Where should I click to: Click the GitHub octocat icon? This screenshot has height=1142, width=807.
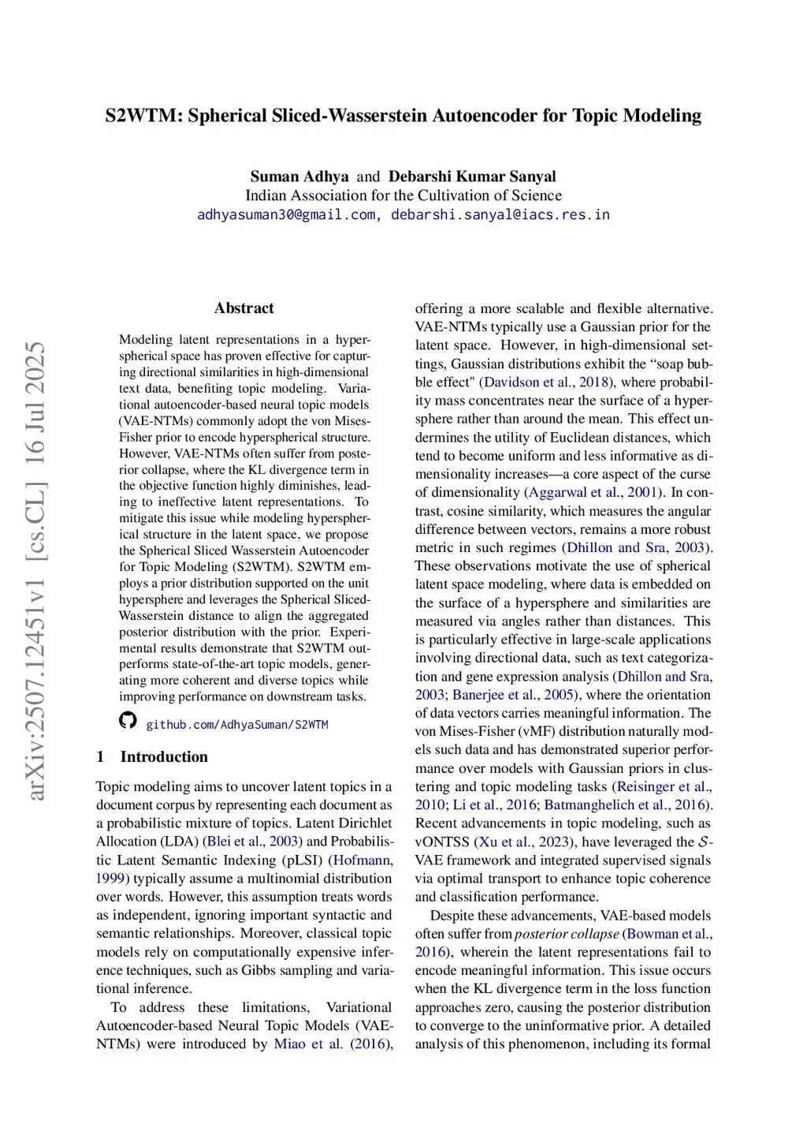click(128, 720)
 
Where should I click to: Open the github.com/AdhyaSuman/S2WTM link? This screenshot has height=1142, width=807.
click(236, 724)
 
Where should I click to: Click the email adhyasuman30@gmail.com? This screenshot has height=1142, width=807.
click(286, 215)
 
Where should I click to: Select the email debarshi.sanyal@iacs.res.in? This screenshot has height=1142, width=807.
click(500, 215)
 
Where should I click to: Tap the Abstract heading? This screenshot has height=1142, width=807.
click(244, 308)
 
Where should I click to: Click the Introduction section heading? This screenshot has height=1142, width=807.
click(164, 757)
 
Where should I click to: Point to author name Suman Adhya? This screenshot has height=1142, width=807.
click(299, 177)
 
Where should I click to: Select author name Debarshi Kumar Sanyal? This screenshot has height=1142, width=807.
click(472, 177)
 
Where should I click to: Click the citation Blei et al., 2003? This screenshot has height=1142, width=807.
click(252, 842)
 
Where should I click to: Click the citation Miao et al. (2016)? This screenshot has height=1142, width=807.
click(331, 1044)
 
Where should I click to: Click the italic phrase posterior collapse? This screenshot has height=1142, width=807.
click(567, 934)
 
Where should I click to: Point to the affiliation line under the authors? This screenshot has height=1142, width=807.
click(403, 196)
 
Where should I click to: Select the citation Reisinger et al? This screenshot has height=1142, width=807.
click(664, 787)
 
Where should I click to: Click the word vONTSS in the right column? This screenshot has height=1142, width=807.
click(442, 842)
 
